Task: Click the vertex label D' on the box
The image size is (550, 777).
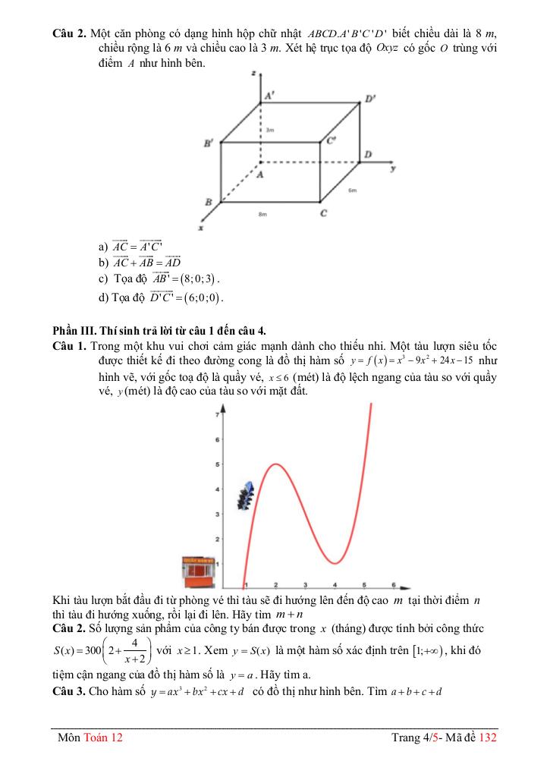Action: [370, 99]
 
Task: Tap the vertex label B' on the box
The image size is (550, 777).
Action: [208, 143]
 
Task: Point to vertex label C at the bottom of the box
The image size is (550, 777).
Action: [324, 214]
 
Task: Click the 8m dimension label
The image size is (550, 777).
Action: [262, 215]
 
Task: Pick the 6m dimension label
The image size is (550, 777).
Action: [353, 190]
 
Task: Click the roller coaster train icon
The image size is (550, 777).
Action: [245, 495]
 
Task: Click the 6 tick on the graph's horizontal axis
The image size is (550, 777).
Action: [393, 584]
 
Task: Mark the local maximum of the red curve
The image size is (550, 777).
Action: [275, 464]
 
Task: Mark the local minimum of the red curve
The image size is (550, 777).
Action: [334, 564]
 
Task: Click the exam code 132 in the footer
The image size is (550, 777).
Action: [488, 738]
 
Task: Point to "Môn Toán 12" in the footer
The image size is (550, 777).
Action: [90, 738]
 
